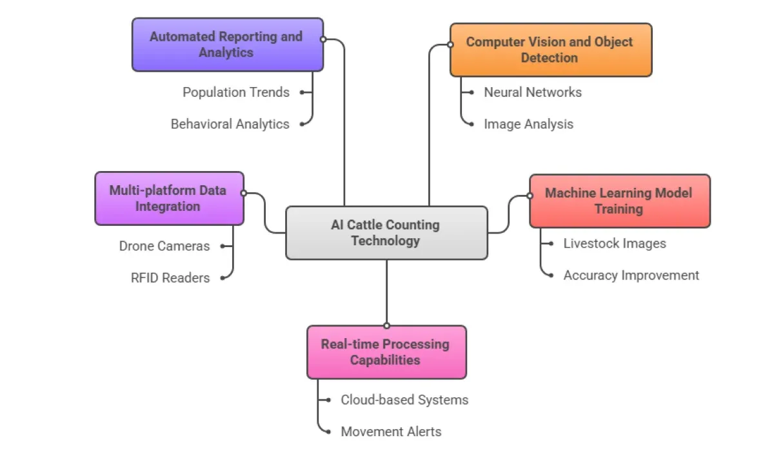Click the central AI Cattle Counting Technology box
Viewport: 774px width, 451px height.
coord(386,233)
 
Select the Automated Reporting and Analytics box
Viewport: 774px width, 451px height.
coord(227,45)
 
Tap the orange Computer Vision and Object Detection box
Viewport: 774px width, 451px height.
coord(550,50)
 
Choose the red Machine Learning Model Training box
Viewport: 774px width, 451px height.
coord(619,201)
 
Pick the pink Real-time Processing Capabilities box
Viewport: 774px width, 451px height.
coord(386,352)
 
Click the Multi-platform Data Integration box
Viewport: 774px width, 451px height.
coord(169,198)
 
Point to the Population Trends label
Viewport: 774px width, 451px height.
coord(236,92)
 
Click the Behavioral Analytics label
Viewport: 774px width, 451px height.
coord(230,124)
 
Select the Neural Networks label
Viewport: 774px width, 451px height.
coord(533,92)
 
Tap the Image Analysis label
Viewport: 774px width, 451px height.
coord(528,124)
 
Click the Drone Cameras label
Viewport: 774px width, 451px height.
coord(164,246)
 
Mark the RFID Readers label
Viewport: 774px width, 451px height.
coord(170,277)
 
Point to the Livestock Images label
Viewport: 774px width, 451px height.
coord(615,243)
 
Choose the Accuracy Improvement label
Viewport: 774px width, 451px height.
coord(631,275)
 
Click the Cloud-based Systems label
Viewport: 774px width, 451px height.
coord(404,399)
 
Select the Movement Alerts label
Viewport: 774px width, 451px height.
coord(391,431)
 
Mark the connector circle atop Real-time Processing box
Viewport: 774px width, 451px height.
coord(386,325)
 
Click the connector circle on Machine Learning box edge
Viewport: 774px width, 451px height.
coord(530,195)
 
